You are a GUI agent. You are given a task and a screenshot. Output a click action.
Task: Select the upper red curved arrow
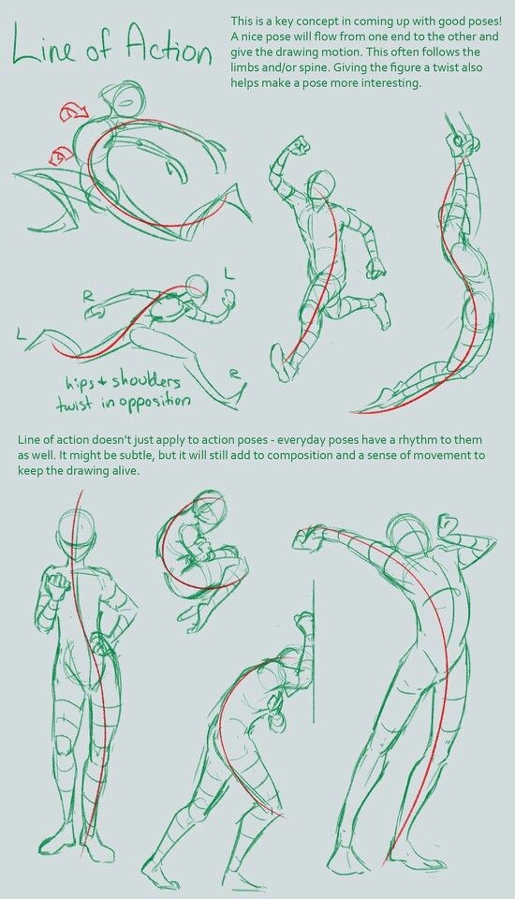[71, 113]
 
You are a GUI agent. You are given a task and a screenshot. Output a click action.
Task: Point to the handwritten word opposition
[149, 401]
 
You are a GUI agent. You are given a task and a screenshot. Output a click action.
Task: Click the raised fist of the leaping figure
[300, 145]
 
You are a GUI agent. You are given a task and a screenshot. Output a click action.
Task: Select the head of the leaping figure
[323, 184]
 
